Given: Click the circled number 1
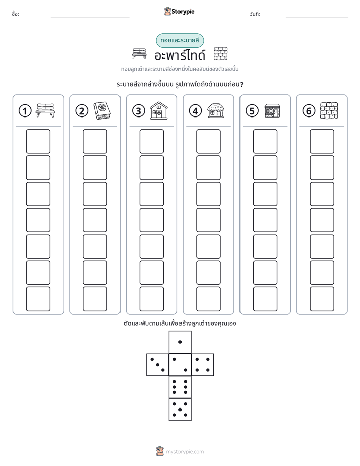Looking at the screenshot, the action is click(25, 111).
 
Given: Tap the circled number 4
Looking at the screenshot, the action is click(195, 111).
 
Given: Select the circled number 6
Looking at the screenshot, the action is click(309, 111).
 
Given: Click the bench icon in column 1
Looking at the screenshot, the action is click(45, 110).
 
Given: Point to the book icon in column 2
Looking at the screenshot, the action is click(102, 110).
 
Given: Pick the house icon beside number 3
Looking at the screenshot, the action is click(159, 110).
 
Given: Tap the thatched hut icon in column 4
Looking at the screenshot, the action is click(216, 110).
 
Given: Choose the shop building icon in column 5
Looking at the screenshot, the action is click(272, 110).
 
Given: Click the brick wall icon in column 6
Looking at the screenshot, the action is click(329, 110).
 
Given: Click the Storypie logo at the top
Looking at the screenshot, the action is click(179, 11).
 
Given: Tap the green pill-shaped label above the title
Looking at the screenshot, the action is click(179, 41).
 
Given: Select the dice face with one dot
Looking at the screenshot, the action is click(180, 342).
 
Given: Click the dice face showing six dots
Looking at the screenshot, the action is click(180, 387).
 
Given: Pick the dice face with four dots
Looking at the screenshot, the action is click(203, 365).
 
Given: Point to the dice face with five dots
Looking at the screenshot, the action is click(180, 410).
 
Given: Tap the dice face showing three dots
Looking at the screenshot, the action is click(158, 365).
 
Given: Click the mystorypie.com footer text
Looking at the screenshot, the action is click(185, 452).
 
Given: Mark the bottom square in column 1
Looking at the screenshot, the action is click(38, 299).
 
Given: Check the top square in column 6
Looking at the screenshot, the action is click(322, 141).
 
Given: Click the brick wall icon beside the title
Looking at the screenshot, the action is click(221, 53).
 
